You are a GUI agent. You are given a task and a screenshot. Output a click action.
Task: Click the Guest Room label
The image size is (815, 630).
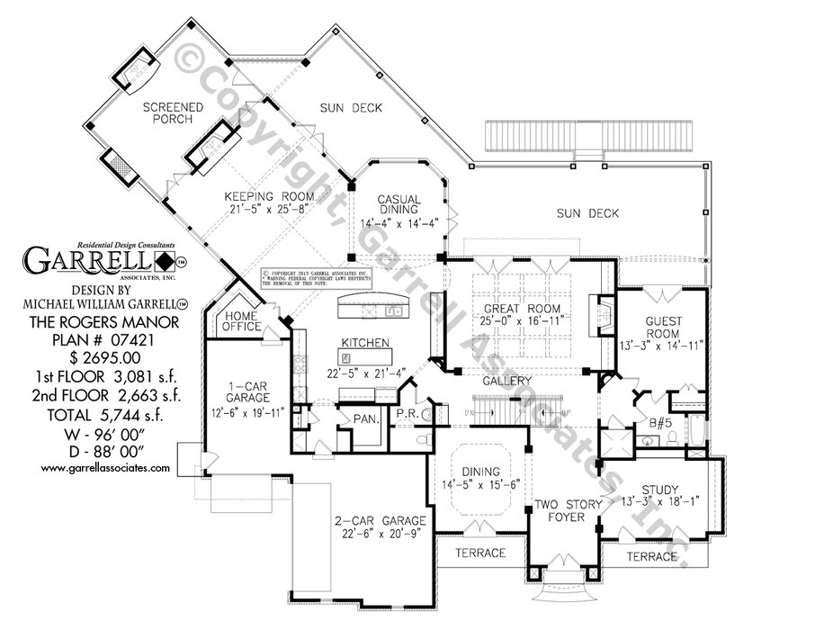click(663, 328)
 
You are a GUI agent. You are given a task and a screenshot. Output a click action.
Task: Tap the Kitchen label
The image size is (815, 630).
click(364, 343)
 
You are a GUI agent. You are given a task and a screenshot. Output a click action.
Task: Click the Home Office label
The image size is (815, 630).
click(242, 321)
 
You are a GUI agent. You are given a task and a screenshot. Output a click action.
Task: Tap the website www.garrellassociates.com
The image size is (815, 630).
click(106, 468)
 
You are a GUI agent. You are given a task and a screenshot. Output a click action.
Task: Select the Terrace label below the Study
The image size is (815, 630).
click(652, 557)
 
